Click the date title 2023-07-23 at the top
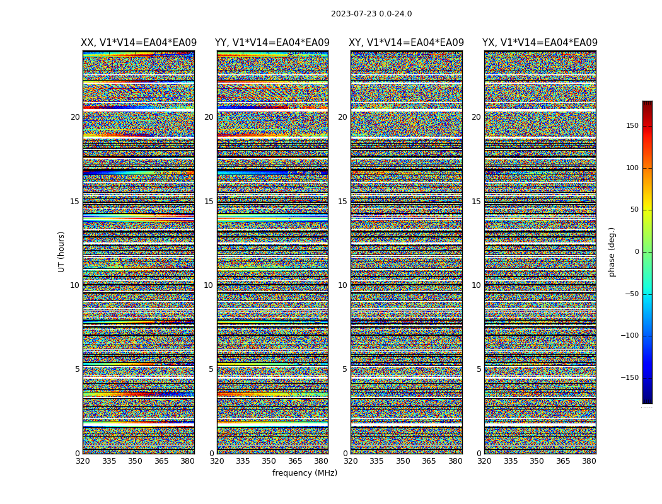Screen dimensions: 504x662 pyautogui.click(x=371, y=14)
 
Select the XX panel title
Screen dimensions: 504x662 pyautogui.click(x=139, y=43)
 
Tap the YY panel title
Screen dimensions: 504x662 pyautogui.click(x=272, y=43)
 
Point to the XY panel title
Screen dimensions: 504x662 pyautogui.click(x=407, y=43)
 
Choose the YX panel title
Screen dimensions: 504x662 pyautogui.click(x=540, y=43)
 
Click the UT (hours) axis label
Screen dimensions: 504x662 pyautogui.click(x=62, y=251)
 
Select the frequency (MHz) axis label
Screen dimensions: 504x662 pyautogui.click(x=305, y=473)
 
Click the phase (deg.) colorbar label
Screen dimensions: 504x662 pyautogui.click(x=612, y=251)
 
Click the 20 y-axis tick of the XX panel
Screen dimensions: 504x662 pyautogui.click(x=75, y=117)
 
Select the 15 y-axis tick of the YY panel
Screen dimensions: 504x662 pyautogui.click(x=209, y=202)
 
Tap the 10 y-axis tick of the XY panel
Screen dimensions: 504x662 pyautogui.click(x=342, y=285)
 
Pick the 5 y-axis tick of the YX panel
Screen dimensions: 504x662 pyautogui.click(x=479, y=369)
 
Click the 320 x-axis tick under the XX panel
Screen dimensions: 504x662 pyautogui.click(x=83, y=461)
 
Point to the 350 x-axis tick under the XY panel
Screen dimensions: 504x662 pyautogui.click(x=403, y=461)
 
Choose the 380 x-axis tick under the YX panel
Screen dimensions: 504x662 pyautogui.click(x=589, y=461)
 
